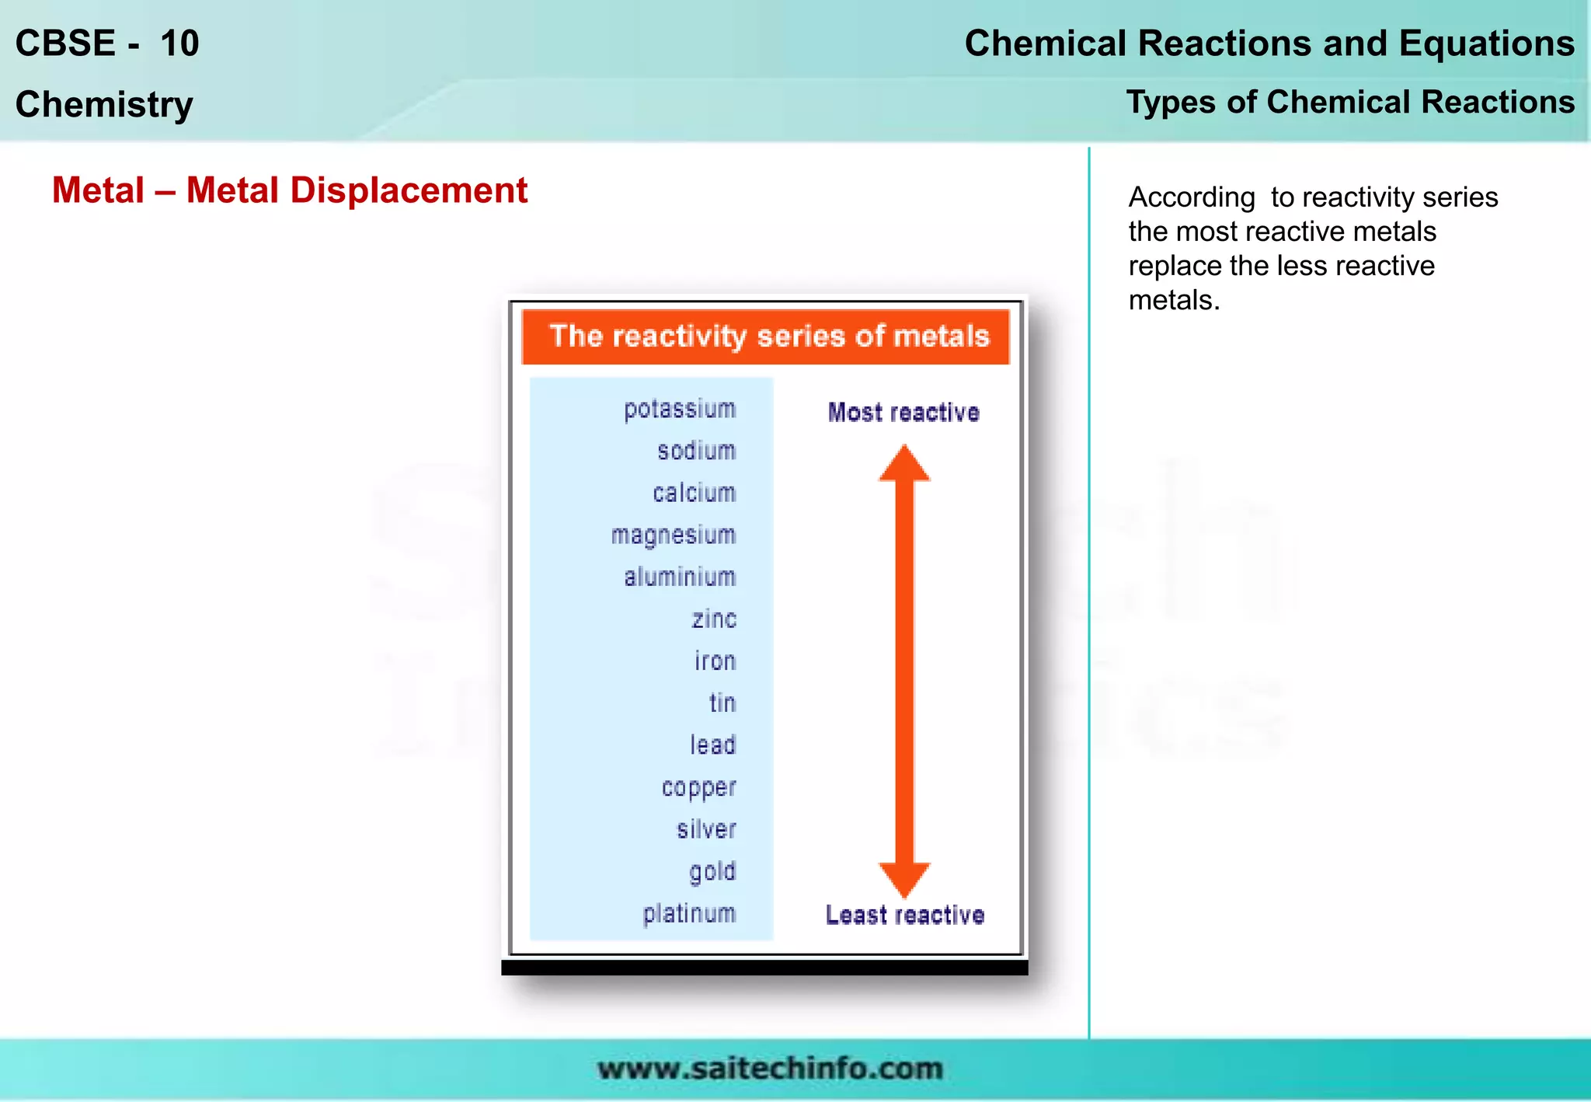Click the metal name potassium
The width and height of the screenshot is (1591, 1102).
(x=680, y=410)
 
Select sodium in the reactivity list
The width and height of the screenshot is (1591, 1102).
(x=696, y=451)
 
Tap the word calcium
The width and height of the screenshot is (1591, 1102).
(x=694, y=493)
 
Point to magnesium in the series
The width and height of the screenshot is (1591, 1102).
(x=673, y=535)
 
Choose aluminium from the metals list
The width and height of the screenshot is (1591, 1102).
(x=680, y=577)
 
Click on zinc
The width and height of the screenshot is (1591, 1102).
(x=714, y=619)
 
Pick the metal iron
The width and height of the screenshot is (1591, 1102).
(x=715, y=661)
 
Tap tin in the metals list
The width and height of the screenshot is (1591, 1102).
(x=722, y=703)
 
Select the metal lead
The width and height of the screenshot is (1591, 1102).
(x=712, y=745)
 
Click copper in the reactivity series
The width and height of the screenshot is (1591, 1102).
(x=698, y=788)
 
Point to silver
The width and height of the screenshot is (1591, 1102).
(x=706, y=829)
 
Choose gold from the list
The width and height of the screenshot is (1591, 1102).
(x=712, y=872)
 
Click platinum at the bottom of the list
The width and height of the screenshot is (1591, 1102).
(x=689, y=914)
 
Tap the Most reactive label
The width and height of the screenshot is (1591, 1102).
(x=903, y=413)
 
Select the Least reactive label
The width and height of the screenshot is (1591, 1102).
(x=905, y=915)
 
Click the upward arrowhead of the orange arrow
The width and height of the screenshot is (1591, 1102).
(x=904, y=464)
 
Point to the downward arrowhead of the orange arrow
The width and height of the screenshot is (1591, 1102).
(x=904, y=879)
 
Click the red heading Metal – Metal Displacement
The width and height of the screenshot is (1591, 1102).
(x=290, y=190)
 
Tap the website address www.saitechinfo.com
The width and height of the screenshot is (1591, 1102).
(x=770, y=1069)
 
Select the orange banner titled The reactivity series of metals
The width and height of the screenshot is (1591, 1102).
(x=766, y=337)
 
